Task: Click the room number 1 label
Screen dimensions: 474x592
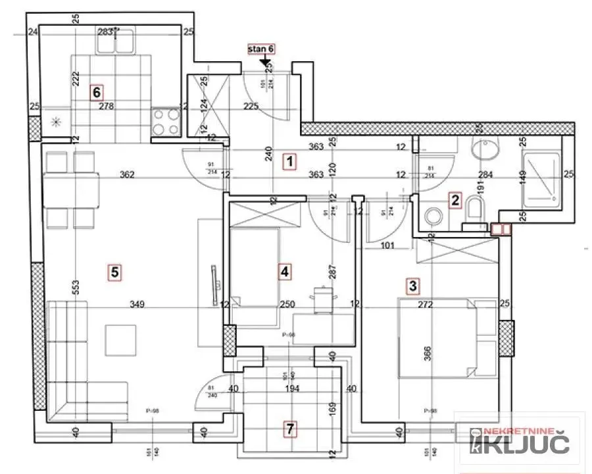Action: (x=288, y=159)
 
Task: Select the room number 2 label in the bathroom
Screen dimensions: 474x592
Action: (x=454, y=201)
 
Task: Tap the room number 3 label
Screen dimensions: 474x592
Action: (x=412, y=286)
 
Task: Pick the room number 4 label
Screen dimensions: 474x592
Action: (x=284, y=271)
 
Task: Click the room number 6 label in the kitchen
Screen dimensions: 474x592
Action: (x=96, y=92)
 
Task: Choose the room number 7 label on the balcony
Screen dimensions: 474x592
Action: (x=289, y=429)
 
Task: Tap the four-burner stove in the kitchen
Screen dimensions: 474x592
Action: (x=166, y=121)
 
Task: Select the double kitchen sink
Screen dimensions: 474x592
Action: (x=114, y=42)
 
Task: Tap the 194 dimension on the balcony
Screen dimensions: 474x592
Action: (x=292, y=389)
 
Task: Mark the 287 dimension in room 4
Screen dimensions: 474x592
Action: (x=333, y=274)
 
